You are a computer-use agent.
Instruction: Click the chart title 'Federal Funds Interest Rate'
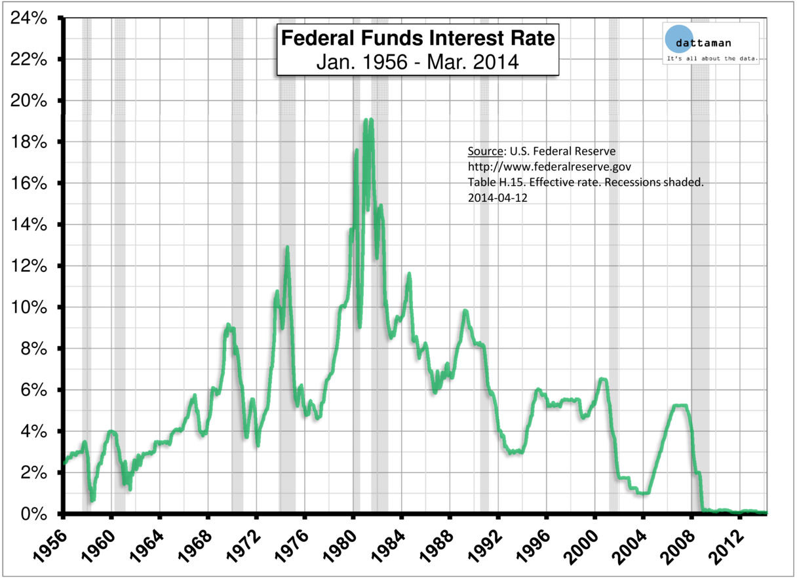point(418,39)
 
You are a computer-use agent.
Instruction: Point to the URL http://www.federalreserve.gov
point(549,167)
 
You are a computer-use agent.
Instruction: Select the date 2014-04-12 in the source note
point(497,198)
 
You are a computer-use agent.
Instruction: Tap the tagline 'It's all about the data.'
point(712,60)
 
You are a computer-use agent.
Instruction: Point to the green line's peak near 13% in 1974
point(287,247)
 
